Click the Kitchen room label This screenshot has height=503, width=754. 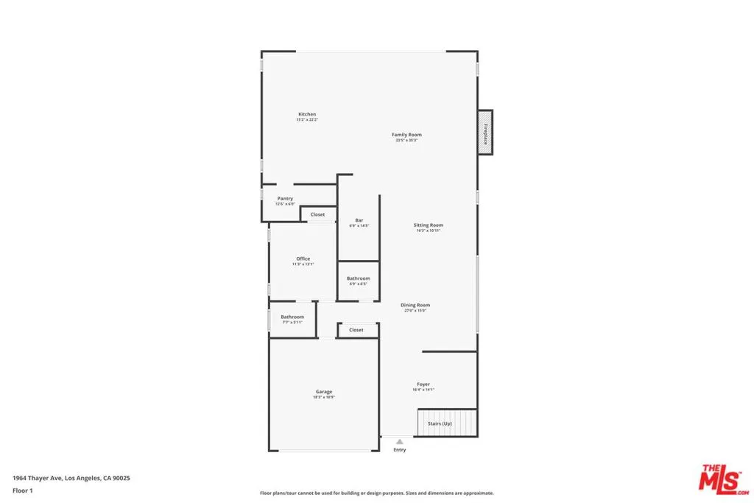307,114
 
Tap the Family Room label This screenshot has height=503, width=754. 406,135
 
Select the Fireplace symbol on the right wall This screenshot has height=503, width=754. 485,133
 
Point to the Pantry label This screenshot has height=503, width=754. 285,199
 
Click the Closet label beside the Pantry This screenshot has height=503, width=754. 317,214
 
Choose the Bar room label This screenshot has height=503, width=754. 359,220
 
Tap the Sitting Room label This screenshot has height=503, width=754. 428,225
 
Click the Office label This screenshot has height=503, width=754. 303,258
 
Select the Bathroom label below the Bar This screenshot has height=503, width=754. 359,278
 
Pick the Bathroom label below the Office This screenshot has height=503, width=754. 292,317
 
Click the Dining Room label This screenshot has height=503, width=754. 415,305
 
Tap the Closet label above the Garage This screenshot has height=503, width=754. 356,330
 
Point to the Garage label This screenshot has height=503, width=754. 324,392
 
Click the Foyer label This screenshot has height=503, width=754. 423,384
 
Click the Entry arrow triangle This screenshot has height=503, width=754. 400,442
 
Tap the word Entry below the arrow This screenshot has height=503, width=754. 400,450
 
